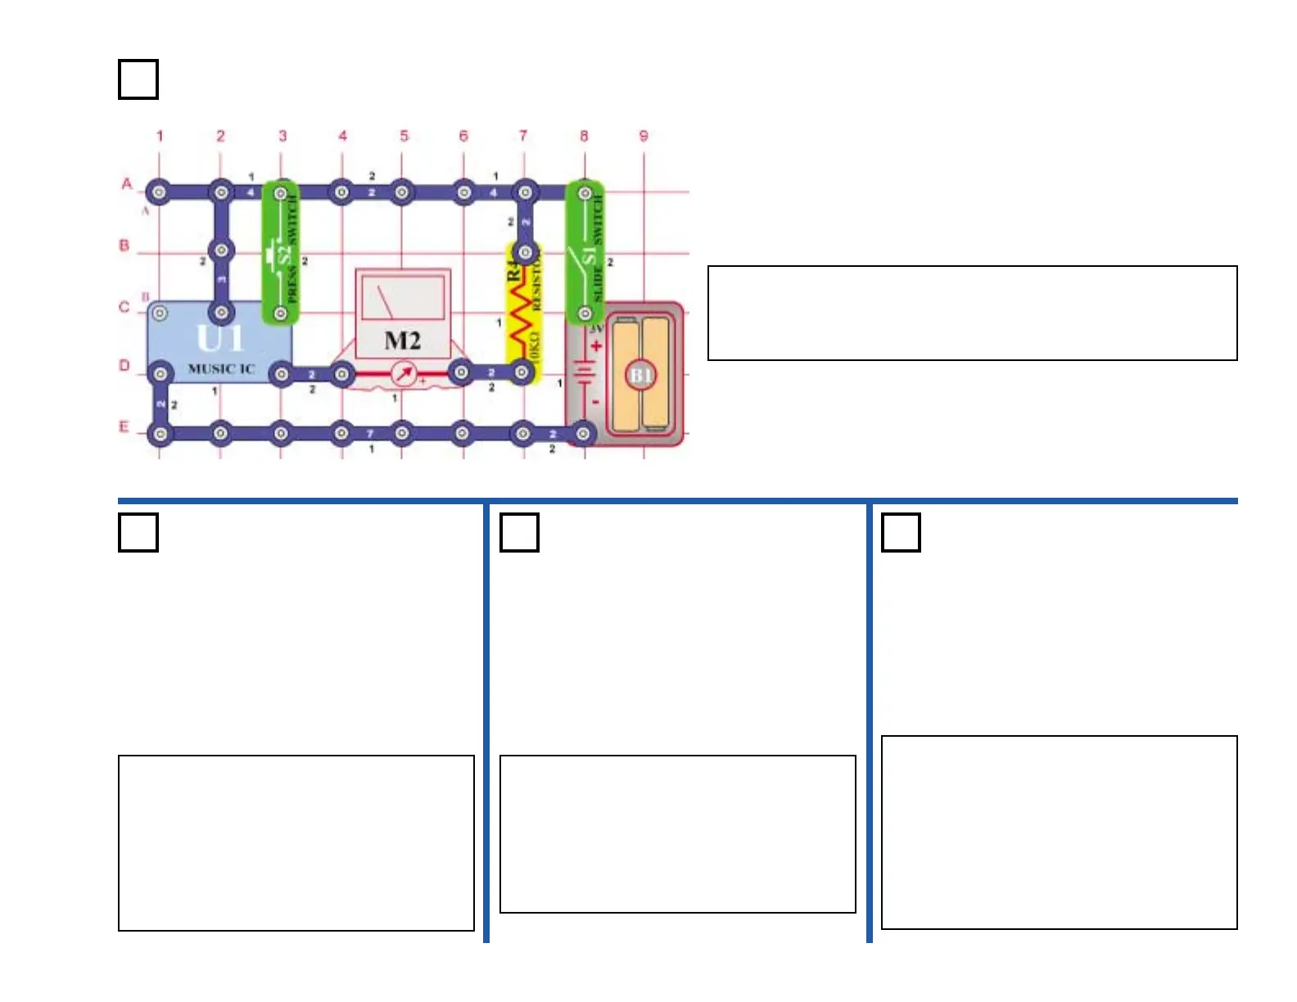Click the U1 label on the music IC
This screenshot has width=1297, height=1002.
pyautogui.click(x=219, y=338)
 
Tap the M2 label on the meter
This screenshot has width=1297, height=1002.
pyautogui.click(x=403, y=341)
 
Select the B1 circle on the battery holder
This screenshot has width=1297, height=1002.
pyautogui.click(x=640, y=376)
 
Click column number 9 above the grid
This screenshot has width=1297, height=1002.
pyautogui.click(x=644, y=136)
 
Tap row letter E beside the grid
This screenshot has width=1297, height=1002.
pyautogui.click(x=124, y=427)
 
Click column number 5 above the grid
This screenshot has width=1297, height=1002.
pyautogui.click(x=404, y=136)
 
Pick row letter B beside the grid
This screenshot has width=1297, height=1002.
pyautogui.click(x=124, y=245)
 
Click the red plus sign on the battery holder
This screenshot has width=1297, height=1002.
pyautogui.click(x=596, y=346)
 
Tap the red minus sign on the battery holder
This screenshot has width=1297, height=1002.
pyautogui.click(x=595, y=402)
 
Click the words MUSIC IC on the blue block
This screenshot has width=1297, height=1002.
pyautogui.click(x=221, y=369)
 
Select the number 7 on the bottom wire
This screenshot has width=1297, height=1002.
pyautogui.click(x=370, y=433)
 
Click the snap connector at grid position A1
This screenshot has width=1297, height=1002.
pyautogui.click(x=160, y=193)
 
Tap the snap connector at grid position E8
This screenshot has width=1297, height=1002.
pyautogui.click(x=583, y=433)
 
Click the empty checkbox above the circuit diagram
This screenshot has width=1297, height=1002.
pyautogui.click(x=138, y=79)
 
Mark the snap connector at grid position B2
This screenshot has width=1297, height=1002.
pyautogui.click(x=221, y=250)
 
